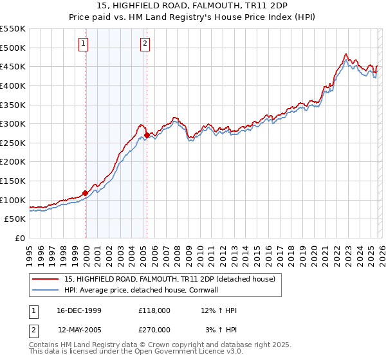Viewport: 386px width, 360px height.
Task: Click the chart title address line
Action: pyautogui.click(x=192, y=6)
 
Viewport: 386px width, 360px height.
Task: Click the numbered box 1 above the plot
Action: pyautogui.click(x=84, y=44)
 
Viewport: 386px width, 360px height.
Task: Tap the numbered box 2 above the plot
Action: pyautogui.click(x=145, y=44)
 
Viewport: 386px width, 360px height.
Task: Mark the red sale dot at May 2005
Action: pyautogui.click(x=147, y=136)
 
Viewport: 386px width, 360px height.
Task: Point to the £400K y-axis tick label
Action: pyautogui.click(x=13, y=85)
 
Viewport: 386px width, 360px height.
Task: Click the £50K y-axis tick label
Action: pyautogui.click(x=15, y=219)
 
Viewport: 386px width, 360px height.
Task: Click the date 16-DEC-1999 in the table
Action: pyautogui.click(x=79, y=310)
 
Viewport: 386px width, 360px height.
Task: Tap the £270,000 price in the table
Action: pyautogui.click(x=154, y=329)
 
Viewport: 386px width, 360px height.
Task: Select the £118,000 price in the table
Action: pyautogui.click(x=154, y=310)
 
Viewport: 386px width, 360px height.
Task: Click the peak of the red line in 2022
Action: pyautogui.click(x=345, y=54)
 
